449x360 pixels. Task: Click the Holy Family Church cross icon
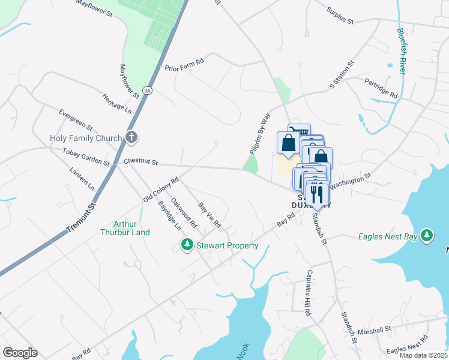pyautogui.click(x=131, y=137)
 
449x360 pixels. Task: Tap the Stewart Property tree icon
pyautogui.click(x=187, y=245)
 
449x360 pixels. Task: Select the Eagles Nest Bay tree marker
pyautogui.click(x=427, y=236)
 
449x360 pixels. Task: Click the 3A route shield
pyautogui.click(x=148, y=91)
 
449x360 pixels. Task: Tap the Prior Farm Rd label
pyautogui.click(x=184, y=62)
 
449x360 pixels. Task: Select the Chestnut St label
pyautogui.click(x=140, y=162)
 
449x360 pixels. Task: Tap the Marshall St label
pyautogui.click(x=375, y=330)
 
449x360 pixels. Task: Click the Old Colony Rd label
pyautogui.click(x=161, y=190)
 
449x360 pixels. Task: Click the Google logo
pyautogui.click(x=20, y=352)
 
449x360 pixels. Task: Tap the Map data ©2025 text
pyautogui.click(x=423, y=355)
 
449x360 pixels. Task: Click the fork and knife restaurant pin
pyautogui.click(x=315, y=193)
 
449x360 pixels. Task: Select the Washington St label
pyautogui.click(x=351, y=179)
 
